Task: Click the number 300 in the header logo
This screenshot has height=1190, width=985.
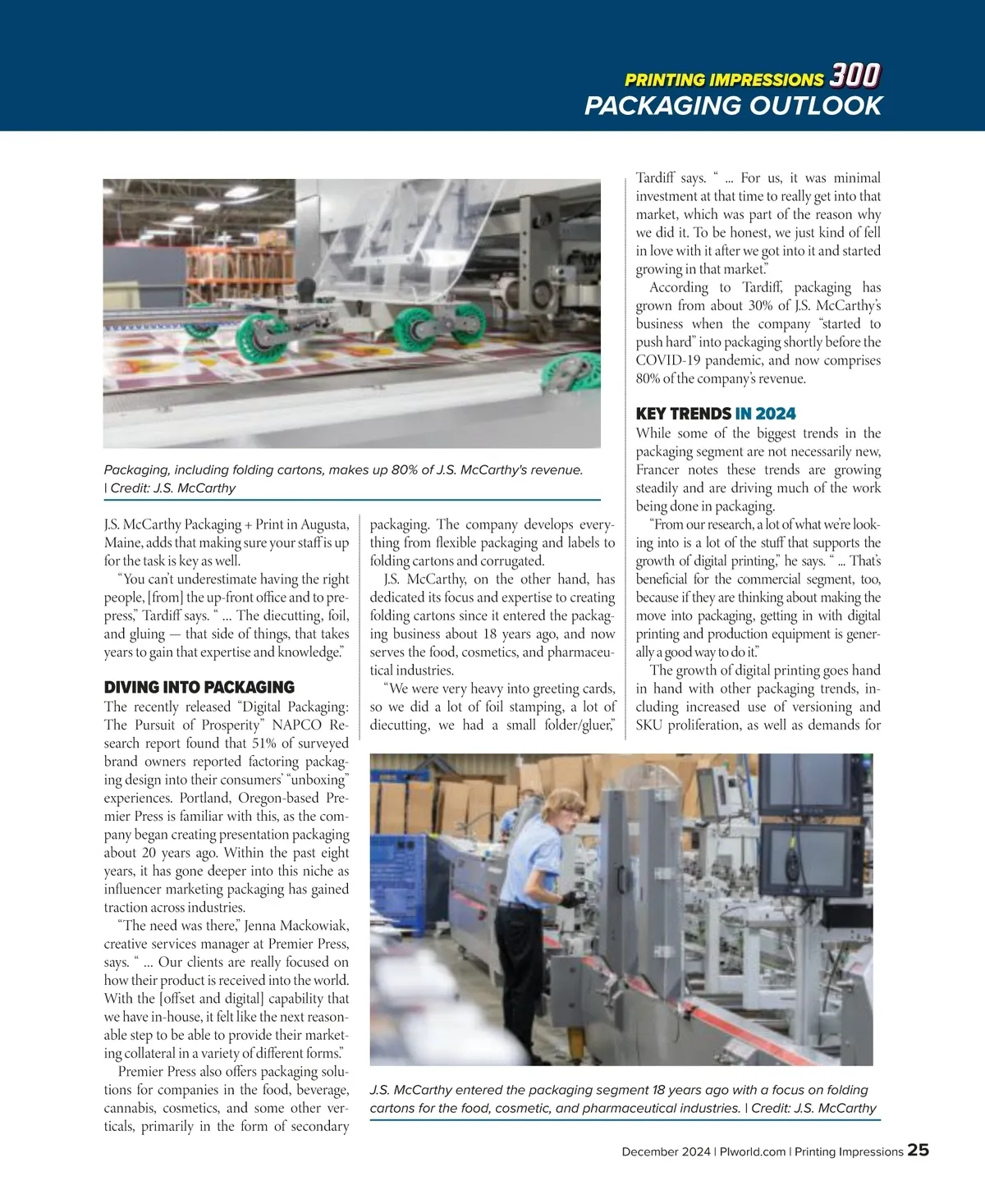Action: tap(854, 76)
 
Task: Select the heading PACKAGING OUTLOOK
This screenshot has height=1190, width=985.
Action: tap(733, 106)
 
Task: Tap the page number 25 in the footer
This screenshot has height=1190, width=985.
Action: tap(918, 1150)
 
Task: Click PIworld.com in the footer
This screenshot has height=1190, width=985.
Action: tap(752, 1151)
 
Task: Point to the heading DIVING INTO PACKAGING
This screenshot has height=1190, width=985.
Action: tap(199, 688)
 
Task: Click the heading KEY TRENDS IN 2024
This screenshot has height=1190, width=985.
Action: tap(716, 414)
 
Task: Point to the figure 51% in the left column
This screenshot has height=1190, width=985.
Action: tap(263, 744)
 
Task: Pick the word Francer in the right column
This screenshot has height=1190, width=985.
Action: tap(657, 470)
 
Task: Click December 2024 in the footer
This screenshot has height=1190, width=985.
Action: tap(666, 1151)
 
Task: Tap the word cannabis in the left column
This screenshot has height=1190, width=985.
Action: tap(133, 1108)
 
